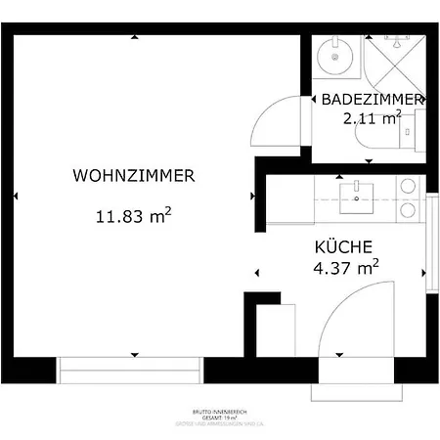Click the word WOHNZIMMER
pyautogui.click(x=134, y=176)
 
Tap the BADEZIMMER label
pyautogui.click(x=372, y=100)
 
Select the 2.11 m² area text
pyautogui.click(x=372, y=119)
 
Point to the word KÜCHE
pyautogui.click(x=343, y=246)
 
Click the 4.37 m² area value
pyautogui.click(x=346, y=267)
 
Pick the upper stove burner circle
pyautogui.click(x=406, y=185)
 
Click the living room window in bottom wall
pyautogui.click(x=130, y=371)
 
